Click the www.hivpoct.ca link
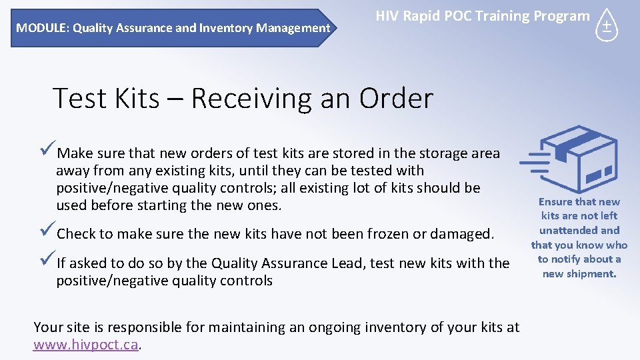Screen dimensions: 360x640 coord(86,345)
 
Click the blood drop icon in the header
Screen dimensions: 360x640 coord(606,26)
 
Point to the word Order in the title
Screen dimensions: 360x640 coord(396,99)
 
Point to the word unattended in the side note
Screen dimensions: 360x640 coord(579,230)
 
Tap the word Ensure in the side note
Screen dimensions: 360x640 coord(555,201)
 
